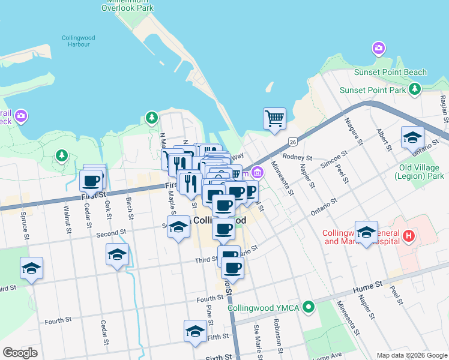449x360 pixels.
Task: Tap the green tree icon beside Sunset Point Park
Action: pos(414,89)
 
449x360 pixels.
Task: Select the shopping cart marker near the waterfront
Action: pos(274,118)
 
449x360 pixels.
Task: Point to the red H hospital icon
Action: pos(409,236)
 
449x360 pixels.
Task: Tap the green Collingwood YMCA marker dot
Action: pos(309,308)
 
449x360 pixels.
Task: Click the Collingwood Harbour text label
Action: pos(78,41)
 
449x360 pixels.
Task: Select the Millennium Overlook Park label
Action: pos(127,5)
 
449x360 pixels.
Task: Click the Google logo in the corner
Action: pos(20,353)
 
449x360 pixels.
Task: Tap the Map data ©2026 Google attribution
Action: pos(412,355)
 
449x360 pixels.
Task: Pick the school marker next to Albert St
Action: pos(412,137)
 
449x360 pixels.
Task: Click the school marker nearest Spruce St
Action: pos(31,268)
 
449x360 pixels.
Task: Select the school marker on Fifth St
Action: pos(195,332)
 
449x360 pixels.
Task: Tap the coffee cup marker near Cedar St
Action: pos(91,181)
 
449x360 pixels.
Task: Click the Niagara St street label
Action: pos(352,131)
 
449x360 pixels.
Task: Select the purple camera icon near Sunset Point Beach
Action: pos(379,48)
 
